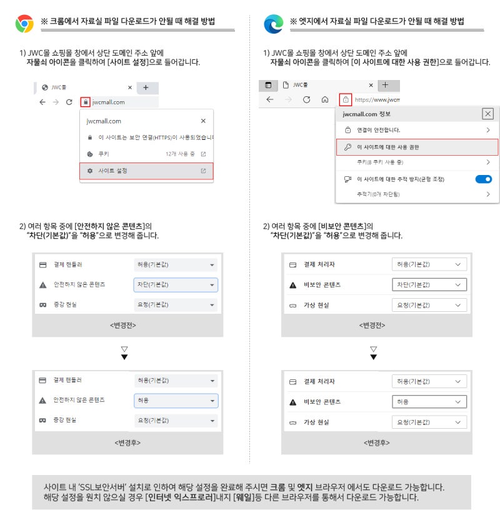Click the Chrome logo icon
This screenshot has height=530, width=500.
click(24, 24)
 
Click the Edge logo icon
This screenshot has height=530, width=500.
click(273, 24)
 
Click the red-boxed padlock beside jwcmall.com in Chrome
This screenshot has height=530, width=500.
click(86, 102)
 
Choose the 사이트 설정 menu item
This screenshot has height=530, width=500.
click(146, 171)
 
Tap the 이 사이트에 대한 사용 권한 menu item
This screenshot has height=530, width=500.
click(417, 147)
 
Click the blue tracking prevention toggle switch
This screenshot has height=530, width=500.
click(484, 179)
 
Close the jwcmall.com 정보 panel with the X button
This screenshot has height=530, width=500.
click(487, 114)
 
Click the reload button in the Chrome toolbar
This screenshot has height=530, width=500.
click(69, 102)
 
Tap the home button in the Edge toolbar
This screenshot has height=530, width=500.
click(324, 99)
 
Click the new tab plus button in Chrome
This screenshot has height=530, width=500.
click(146, 87)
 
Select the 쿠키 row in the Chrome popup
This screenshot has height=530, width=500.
click(146, 153)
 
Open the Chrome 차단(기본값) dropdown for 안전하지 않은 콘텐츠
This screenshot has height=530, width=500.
click(176, 284)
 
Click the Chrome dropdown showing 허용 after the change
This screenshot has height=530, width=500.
click(176, 399)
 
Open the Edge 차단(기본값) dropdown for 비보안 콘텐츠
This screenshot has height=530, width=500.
click(429, 284)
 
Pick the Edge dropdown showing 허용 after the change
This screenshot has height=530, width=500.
click(429, 402)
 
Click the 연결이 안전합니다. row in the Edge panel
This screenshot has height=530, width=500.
click(417, 130)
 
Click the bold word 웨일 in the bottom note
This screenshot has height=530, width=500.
click(245, 498)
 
